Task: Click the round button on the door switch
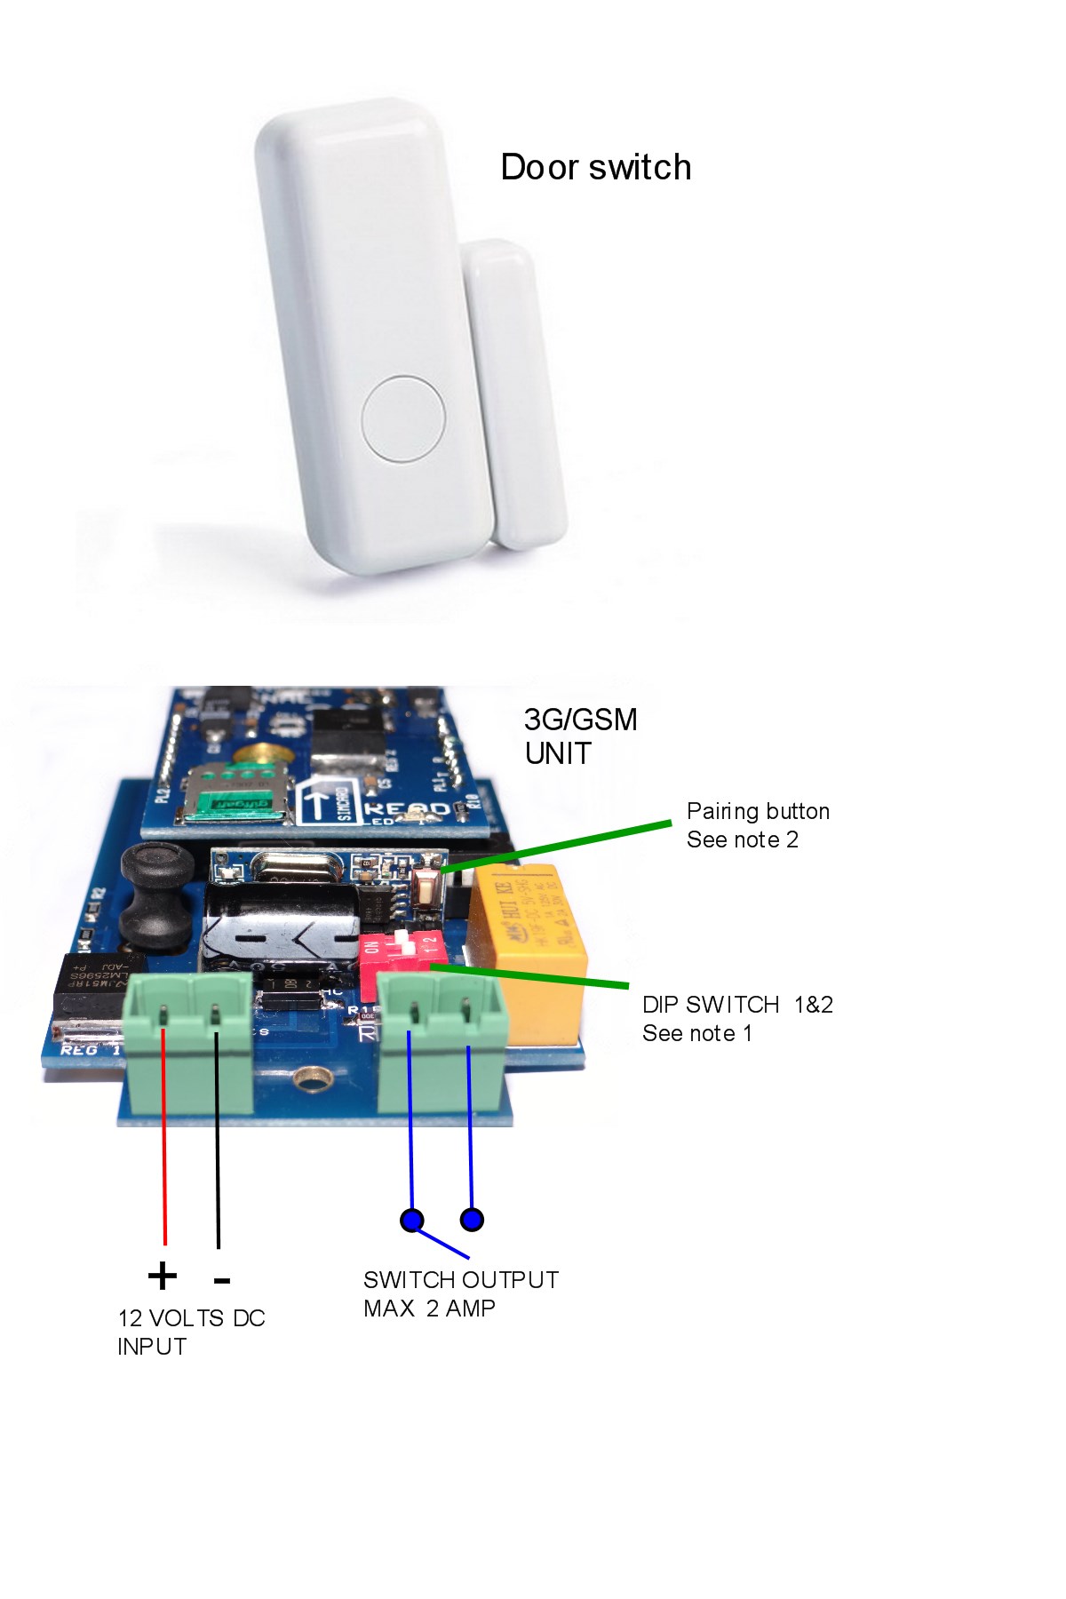403,418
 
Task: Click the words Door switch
595,167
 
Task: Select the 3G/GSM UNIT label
580,736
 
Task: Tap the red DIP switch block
398,954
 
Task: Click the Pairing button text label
758,811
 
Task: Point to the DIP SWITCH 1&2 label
737,1005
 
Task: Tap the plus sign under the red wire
163,1277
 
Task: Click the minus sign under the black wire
222,1280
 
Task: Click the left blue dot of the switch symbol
411,1220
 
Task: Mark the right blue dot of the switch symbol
472,1219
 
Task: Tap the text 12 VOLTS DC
191,1318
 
